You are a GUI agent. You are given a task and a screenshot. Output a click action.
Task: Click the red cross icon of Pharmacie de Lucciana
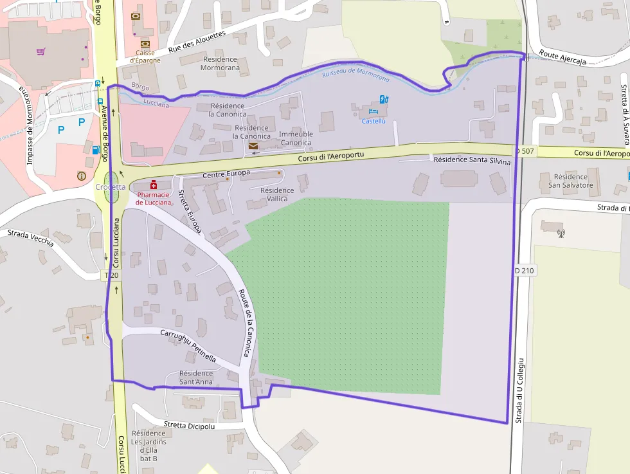(154, 185)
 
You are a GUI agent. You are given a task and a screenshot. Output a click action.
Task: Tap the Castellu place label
(373, 121)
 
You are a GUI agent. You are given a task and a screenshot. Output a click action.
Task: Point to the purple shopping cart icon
(41, 51)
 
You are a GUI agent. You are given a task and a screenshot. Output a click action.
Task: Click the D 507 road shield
(525, 150)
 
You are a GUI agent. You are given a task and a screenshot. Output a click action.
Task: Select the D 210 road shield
(525, 271)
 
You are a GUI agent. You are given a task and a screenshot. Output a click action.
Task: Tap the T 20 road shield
(112, 275)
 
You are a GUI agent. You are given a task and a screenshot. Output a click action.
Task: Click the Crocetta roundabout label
(111, 187)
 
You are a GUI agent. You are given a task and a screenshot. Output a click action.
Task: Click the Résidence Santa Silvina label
(472, 161)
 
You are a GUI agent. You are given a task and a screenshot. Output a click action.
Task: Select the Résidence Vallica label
(277, 195)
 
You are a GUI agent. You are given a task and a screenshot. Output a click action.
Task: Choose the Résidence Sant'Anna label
(196, 378)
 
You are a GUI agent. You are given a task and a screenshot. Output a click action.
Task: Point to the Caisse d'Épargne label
(145, 57)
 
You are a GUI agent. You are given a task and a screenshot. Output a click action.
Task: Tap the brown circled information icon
(81, 176)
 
